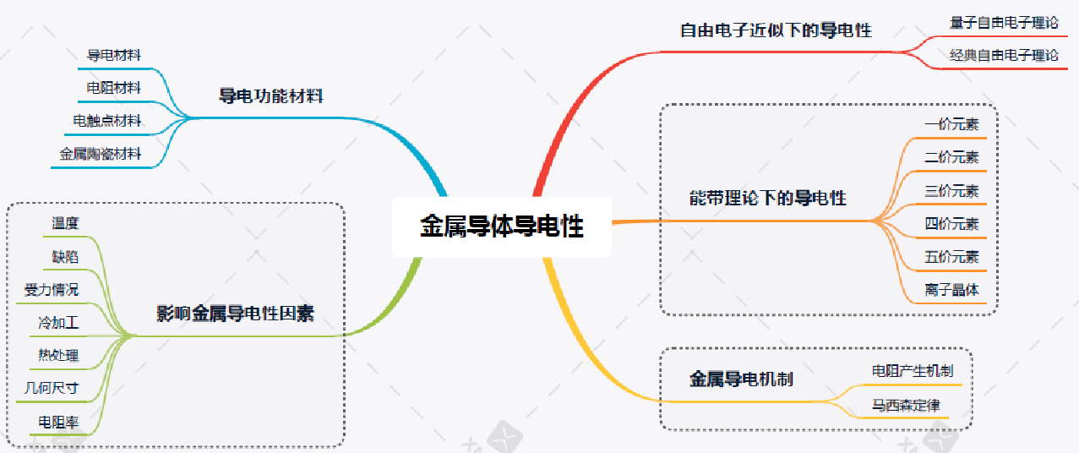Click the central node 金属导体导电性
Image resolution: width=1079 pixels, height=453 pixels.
(502, 226)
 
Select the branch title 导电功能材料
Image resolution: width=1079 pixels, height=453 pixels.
(271, 96)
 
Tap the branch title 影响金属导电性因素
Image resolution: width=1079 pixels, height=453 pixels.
(236, 314)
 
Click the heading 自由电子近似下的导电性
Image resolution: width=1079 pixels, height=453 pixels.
(776, 30)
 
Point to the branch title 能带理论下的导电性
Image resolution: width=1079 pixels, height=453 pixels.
(767, 199)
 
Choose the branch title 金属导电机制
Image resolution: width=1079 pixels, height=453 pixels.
(741, 379)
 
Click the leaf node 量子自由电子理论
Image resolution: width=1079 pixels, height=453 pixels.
(1004, 23)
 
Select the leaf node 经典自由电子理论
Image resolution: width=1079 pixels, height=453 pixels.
(1004, 56)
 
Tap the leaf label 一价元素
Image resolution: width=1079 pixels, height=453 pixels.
(951, 125)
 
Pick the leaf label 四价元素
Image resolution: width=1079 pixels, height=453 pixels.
(951, 224)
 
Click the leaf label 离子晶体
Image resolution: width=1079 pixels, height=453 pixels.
(951, 290)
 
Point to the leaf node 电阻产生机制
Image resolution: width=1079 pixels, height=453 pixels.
(913, 370)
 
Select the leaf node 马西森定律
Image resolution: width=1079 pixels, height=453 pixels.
(906, 406)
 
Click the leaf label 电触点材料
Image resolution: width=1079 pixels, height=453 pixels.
(107, 121)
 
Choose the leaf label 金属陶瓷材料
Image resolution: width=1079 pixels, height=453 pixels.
(101, 155)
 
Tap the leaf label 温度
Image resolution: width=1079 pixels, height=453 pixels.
(65, 223)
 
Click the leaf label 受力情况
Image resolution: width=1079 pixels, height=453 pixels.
(52, 290)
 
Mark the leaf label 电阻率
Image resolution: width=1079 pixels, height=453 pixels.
(58, 422)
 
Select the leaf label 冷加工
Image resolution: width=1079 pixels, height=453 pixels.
(58, 323)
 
